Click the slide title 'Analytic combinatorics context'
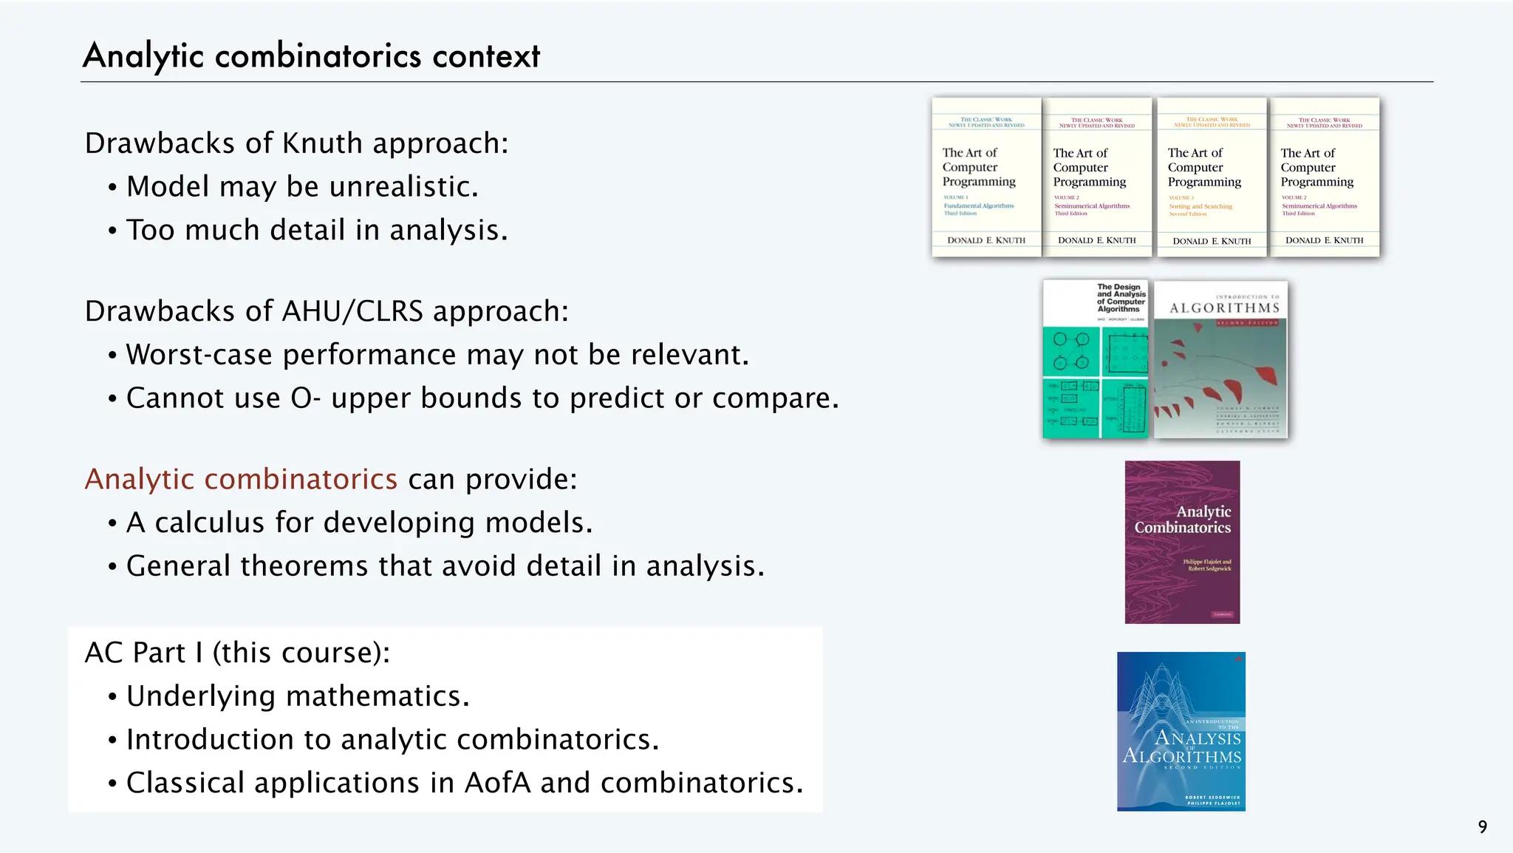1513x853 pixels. coord(311,56)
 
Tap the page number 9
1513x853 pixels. coord(1482,827)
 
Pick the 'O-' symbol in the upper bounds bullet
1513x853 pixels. coord(305,398)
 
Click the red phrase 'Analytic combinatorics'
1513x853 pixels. coord(241,479)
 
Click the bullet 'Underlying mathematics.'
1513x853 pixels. coord(298,696)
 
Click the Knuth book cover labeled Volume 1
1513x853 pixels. coord(986,177)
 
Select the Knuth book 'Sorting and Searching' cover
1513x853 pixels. coord(1212,177)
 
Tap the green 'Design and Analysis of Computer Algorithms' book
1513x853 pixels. coord(1095,359)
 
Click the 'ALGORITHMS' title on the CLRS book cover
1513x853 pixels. coord(1224,308)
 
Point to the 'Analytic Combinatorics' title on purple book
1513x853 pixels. coord(1184,520)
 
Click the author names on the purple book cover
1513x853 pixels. coord(1207,565)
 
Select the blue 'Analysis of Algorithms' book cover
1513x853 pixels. coord(1181,732)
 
